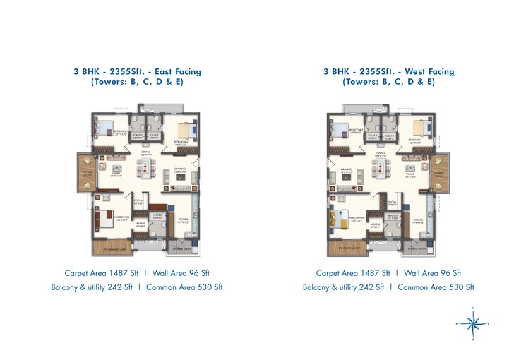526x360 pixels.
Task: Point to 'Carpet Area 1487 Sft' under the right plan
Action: tap(353, 272)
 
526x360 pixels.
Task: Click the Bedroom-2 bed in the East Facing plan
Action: tap(186, 130)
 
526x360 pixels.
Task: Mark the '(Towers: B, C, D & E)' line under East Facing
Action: tap(136, 83)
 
